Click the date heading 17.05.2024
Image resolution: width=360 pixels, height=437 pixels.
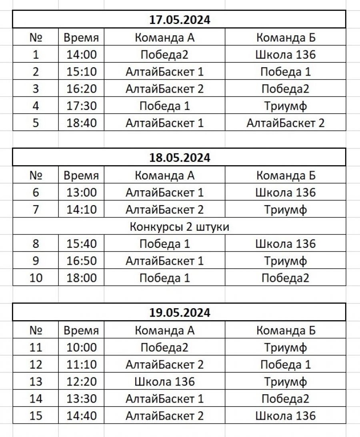(x=179, y=20)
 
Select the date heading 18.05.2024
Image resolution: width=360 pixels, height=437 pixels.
(x=179, y=158)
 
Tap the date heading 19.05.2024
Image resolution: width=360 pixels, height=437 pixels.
(x=179, y=313)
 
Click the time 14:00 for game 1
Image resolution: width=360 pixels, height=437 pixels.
(x=82, y=55)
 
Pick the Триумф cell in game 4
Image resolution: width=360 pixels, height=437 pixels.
(x=285, y=106)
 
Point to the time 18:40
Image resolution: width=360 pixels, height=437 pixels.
(x=82, y=123)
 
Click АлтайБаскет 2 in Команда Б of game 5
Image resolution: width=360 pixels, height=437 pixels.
(x=285, y=123)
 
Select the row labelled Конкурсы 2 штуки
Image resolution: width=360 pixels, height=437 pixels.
(x=179, y=227)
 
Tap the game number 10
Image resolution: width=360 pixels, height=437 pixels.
(x=36, y=278)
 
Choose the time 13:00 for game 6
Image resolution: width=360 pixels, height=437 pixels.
(x=82, y=193)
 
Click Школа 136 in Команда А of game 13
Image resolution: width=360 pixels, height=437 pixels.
(x=164, y=381)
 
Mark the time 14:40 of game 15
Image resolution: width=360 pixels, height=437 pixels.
(x=82, y=416)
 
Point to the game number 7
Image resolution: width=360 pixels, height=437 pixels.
(x=36, y=210)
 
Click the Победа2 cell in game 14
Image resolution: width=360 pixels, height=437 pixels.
(x=285, y=399)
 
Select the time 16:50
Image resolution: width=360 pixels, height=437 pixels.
(x=82, y=261)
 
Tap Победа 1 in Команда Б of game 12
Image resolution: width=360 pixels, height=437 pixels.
(x=285, y=365)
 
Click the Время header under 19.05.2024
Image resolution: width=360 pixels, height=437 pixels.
(x=81, y=331)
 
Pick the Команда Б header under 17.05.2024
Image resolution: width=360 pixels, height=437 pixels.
(x=286, y=38)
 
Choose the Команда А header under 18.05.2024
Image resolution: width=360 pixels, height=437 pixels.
(x=164, y=176)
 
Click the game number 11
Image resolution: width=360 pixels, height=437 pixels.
(x=36, y=347)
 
